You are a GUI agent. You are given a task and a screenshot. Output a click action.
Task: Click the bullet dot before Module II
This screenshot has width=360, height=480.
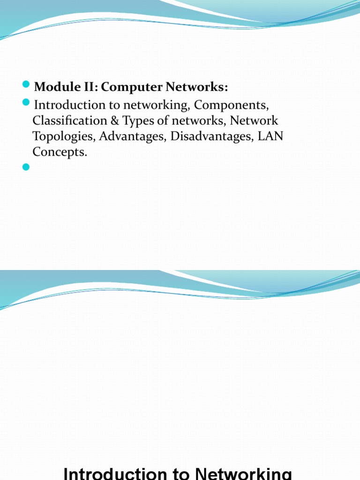click(x=26, y=85)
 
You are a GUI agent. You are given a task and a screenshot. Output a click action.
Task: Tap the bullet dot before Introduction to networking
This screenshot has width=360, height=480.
click(x=26, y=102)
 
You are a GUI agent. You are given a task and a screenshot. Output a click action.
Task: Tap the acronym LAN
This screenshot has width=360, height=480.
click(x=270, y=136)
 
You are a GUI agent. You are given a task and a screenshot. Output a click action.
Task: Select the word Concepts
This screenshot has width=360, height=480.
click(x=60, y=152)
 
